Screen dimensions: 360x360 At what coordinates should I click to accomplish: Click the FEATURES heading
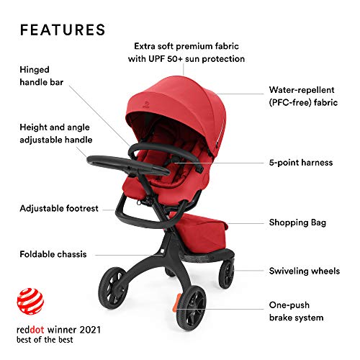click(x=63, y=30)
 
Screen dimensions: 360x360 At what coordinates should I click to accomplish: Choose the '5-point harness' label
click(x=300, y=163)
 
